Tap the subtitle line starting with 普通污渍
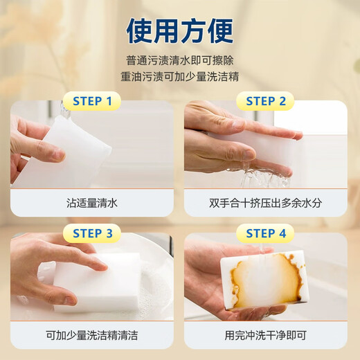179,60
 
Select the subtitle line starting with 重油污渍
179,76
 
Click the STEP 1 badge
92,102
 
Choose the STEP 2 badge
266,102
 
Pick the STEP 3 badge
92,233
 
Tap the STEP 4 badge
266,233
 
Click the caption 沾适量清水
92,203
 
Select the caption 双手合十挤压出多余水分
266,203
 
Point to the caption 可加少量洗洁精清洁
92,335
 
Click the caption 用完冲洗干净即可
266,335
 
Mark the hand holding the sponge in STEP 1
31,149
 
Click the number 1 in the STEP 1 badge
108,102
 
